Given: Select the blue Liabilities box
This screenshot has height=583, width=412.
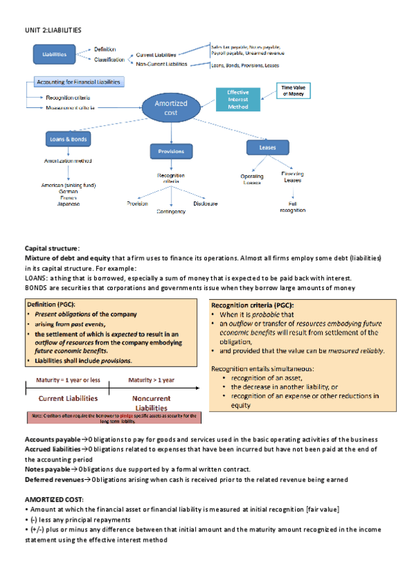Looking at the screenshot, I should [54, 54].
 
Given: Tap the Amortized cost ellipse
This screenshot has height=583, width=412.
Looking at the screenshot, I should [171, 108].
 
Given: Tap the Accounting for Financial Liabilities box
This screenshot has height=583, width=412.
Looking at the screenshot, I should [79, 82].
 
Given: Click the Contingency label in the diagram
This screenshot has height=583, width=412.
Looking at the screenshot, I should [171, 211].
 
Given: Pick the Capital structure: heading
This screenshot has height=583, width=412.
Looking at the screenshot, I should [52, 248].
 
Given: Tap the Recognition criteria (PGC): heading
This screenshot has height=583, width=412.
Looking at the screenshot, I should [252, 305].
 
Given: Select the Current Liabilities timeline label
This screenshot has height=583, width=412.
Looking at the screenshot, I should [67, 398].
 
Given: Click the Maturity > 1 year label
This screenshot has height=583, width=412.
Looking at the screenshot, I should [151, 380].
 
